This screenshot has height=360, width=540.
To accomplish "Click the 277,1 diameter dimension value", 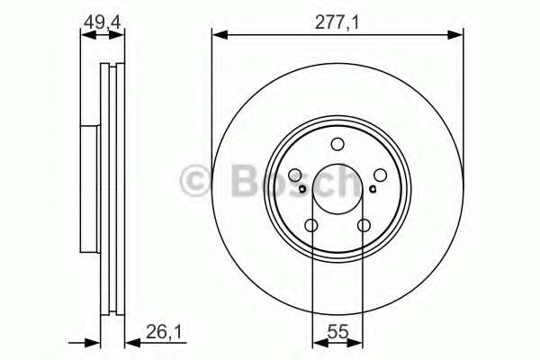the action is pyautogui.click(x=337, y=23).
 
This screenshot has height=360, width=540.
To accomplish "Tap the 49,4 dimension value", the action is pyautogui.click(x=103, y=22).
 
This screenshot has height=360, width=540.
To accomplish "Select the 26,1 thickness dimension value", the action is pyautogui.click(x=164, y=332).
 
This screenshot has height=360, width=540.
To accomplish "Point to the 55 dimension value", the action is pyautogui.click(x=337, y=332).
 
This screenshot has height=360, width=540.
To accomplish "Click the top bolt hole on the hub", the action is pyautogui.click(x=337, y=144).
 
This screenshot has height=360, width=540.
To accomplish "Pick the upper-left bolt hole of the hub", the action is pyautogui.click(x=295, y=175).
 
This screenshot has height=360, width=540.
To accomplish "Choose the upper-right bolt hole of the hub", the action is pyautogui.click(x=380, y=175).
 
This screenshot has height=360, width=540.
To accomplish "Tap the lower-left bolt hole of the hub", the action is pyautogui.click(x=311, y=226).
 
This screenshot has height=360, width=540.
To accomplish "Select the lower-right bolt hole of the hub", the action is pyautogui.click(x=364, y=226).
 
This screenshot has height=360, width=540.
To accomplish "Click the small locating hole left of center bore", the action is pyautogui.click(x=302, y=189).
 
